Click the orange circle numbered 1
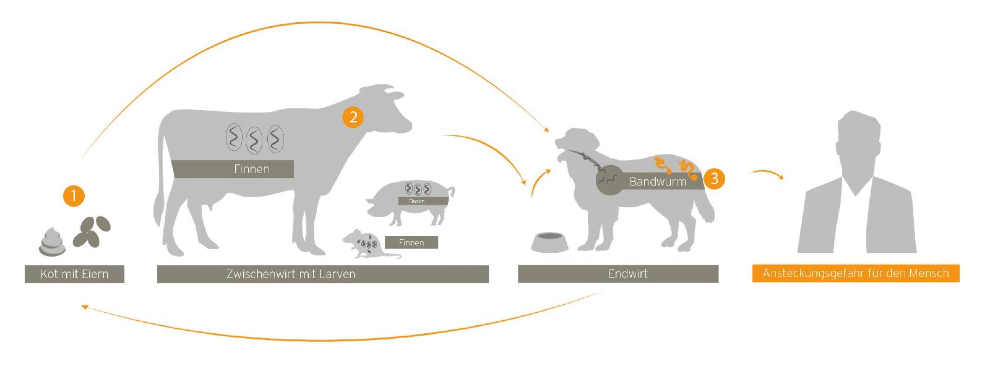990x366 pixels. tap(74, 197)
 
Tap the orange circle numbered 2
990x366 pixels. tap(353, 117)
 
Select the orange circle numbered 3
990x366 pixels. tap(715, 179)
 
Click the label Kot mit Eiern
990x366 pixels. tap(74, 274)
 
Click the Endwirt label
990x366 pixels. tap(618, 274)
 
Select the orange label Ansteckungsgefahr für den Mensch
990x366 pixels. tap(855, 273)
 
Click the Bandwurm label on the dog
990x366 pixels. tap(657, 182)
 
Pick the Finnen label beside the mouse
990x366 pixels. tap(411, 242)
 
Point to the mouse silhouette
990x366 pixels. tap(359, 243)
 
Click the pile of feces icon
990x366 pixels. tap(54, 241)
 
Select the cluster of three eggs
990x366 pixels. tap(93, 230)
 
